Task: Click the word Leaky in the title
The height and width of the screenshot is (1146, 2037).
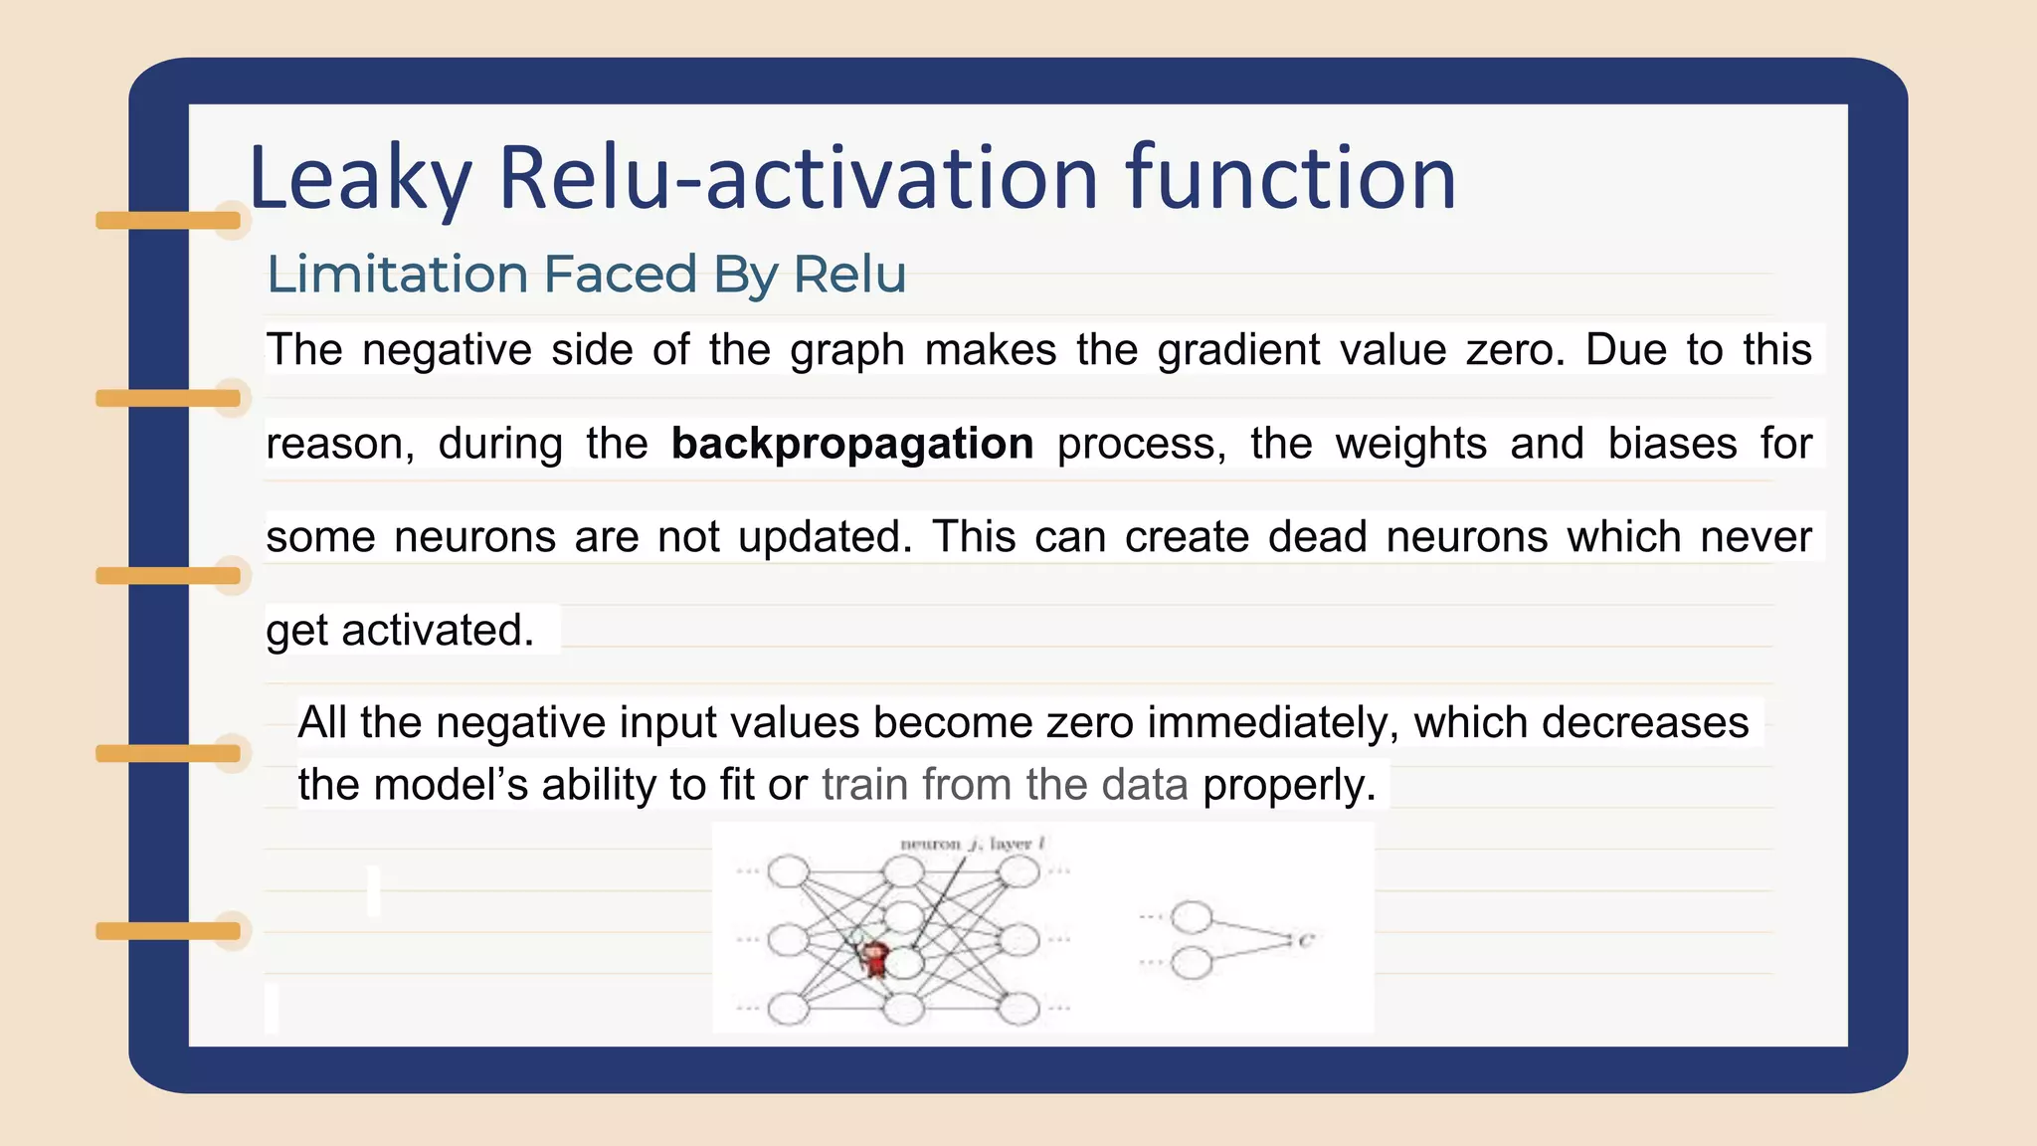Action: click(358, 179)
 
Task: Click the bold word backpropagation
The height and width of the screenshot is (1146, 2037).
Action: click(852, 443)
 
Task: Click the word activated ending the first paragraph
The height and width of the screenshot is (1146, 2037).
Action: click(438, 630)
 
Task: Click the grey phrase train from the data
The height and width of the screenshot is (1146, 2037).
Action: click(1005, 785)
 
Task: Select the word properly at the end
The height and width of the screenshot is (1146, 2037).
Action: click(1289, 785)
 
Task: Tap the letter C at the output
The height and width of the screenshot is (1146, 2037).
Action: click(1306, 940)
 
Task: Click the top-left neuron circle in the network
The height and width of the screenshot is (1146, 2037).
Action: click(789, 871)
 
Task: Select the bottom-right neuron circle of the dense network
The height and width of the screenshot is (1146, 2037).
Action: click(1018, 1009)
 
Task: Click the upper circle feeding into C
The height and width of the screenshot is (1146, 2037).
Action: click(1191, 917)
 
